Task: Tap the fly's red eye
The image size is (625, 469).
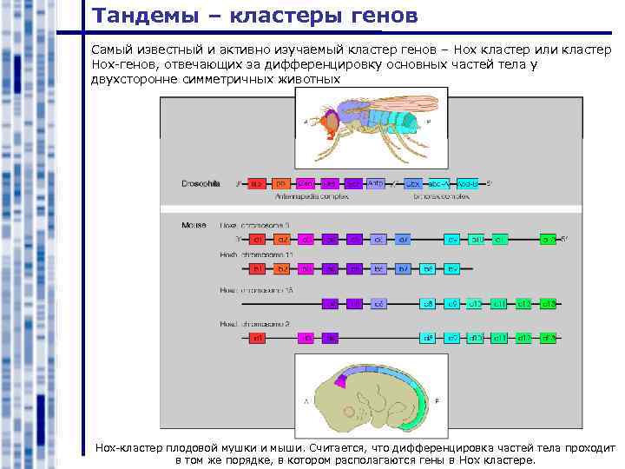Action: pos(332,124)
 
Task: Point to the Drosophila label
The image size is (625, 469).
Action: pos(201,183)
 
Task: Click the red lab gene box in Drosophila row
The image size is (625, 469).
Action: pos(257,184)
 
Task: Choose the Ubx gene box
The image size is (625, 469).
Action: pos(413,184)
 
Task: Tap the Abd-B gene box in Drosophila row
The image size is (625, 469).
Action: pos(469,184)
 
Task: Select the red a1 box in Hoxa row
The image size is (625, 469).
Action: pos(257,239)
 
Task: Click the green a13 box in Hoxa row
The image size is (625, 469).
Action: pos(548,239)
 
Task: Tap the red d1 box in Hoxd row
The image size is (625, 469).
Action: pos(257,337)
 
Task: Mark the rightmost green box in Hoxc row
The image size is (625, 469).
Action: pos(548,303)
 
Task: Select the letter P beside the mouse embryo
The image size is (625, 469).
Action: pos(437,401)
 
